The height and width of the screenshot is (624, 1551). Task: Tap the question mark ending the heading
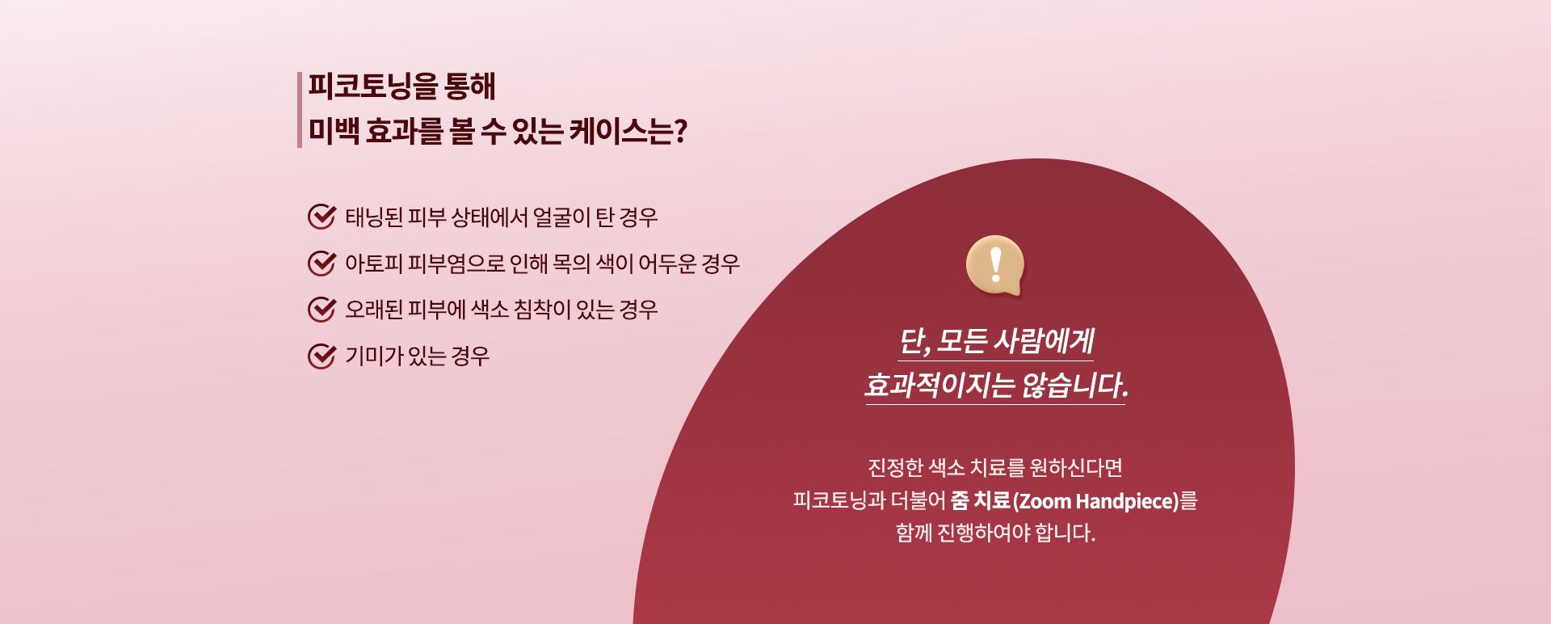pos(680,131)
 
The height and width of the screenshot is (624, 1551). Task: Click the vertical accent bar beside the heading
pos(300,110)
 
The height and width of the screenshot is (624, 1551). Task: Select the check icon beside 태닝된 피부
pos(322,217)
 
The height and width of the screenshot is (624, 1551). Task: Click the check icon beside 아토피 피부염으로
pos(322,263)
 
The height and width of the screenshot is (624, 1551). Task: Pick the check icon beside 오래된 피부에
pos(322,309)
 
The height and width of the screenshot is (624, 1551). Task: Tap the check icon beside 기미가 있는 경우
pos(322,356)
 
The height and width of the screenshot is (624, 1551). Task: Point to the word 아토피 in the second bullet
pos(374,264)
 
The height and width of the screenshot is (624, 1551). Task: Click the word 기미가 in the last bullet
pos(374,356)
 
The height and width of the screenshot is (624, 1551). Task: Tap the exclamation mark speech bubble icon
pos(995,265)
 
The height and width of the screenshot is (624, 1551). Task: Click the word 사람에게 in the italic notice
pos(1043,341)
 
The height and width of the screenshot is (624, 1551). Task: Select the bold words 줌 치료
pos(981,500)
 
